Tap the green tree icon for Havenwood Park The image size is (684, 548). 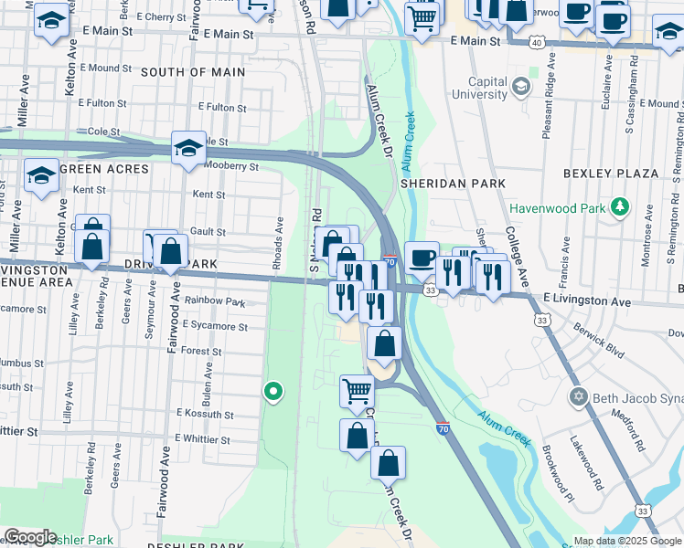coord(621,207)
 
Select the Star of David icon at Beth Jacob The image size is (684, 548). coord(578,397)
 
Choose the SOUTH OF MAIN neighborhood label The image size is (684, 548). coord(193,72)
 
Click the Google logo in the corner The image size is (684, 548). coord(29,537)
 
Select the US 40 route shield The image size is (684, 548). coord(538,42)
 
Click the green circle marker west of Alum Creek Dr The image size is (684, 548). coord(273,392)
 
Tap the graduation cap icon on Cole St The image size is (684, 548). coord(189,149)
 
